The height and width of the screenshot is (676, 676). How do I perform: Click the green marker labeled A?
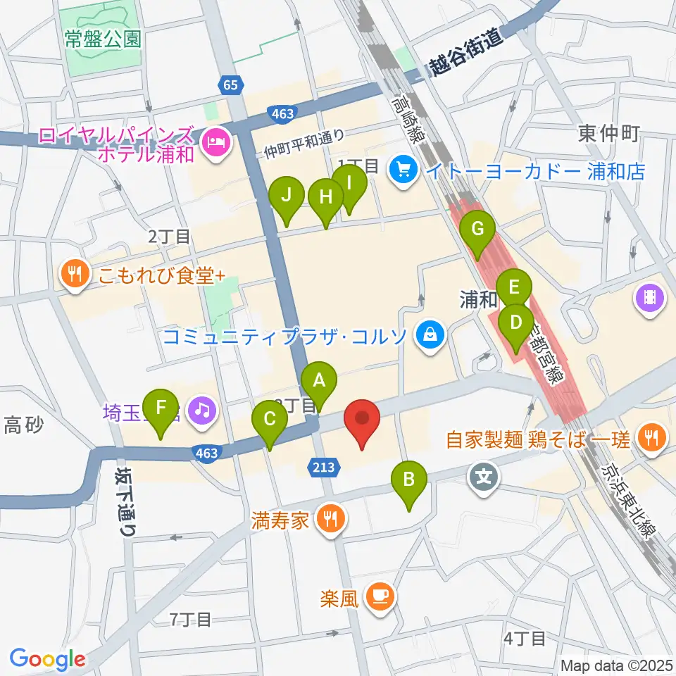[x=319, y=382]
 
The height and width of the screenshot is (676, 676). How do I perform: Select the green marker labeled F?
[x=161, y=408]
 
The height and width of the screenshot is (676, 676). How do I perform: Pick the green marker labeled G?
[x=477, y=230]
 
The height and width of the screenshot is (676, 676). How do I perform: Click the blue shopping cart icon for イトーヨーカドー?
[x=403, y=170]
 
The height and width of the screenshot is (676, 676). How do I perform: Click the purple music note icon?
[x=203, y=412]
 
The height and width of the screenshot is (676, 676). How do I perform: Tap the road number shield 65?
[x=229, y=85]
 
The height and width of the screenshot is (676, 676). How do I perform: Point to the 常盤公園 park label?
[x=102, y=39]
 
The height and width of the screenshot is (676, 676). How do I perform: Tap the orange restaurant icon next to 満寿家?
[x=330, y=520]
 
